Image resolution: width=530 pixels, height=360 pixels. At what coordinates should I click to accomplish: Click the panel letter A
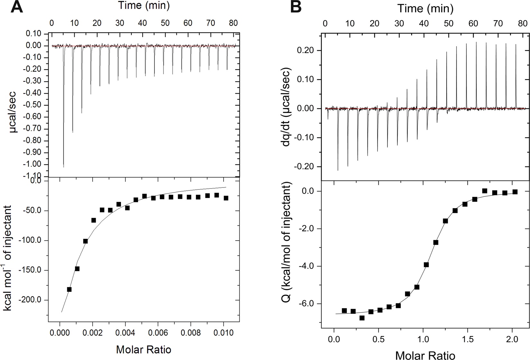(x=17, y=7)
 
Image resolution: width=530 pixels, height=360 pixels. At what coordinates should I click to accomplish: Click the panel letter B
(x=296, y=7)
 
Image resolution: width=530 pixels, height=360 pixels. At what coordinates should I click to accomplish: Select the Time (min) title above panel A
(x=144, y=5)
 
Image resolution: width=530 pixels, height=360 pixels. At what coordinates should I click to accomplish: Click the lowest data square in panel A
(x=69, y=289)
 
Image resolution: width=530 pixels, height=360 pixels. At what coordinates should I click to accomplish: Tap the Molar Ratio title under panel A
(x=144, y=349)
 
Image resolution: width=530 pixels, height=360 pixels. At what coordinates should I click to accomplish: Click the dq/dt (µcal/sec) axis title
(x=286, y=107)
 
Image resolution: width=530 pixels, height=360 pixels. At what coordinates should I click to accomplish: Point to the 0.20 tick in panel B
(x=307, y=51)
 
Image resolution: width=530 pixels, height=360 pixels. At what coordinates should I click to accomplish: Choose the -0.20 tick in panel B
(x=305, y=167)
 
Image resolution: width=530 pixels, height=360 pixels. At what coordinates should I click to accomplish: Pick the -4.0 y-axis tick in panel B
(x=309, y=266)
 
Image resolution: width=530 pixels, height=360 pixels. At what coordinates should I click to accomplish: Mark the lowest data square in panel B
(x=362, y=318)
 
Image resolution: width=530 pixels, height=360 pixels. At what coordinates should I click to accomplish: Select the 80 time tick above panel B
(x=523, y=24)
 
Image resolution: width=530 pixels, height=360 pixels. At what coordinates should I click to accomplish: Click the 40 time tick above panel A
(x=143, y=23)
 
